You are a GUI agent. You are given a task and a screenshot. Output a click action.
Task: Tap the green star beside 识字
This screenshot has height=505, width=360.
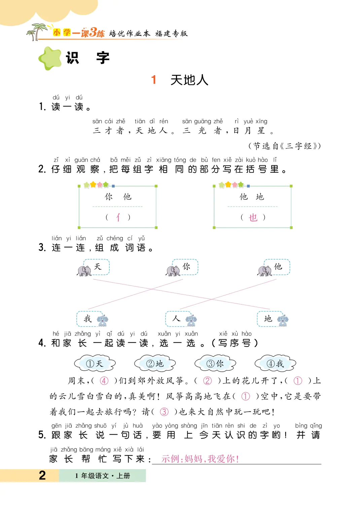coord(50,58)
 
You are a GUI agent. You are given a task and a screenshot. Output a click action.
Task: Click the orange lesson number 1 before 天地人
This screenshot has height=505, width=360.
coord(154,80)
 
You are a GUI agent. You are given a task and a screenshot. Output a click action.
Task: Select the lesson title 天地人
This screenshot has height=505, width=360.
coord(189,80)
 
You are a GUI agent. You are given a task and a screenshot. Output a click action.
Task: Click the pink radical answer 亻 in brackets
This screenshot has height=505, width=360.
coord(118,217)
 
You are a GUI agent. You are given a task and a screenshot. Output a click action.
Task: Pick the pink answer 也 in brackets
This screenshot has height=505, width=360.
coord(253,217)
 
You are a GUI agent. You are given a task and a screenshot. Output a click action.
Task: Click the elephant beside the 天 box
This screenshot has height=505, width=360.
coord(84,271)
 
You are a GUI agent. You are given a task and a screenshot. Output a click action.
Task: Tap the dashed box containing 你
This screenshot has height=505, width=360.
coord(185,267)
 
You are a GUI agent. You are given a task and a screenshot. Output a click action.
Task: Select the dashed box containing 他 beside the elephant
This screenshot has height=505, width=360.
coord(277,267)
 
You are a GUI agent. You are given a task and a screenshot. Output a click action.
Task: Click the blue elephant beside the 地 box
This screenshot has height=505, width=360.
coord(283,321)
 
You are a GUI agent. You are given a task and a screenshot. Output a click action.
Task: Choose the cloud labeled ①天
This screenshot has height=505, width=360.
coord(95,364)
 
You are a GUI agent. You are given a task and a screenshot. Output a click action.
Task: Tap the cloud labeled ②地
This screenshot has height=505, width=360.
coord(155,364)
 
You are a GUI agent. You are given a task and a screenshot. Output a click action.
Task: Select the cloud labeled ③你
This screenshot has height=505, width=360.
coord(215,364)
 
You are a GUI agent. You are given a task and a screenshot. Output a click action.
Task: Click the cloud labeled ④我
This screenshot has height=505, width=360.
coord(276,364)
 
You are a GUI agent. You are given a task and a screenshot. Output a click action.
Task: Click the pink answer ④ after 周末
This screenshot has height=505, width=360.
coord(104,381)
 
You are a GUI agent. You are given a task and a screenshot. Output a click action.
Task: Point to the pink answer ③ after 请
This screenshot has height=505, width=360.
coord(164,412)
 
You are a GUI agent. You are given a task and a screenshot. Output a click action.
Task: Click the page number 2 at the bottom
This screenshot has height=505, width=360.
coord(42,475)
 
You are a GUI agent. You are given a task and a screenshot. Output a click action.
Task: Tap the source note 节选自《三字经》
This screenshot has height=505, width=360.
coord(285,146)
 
